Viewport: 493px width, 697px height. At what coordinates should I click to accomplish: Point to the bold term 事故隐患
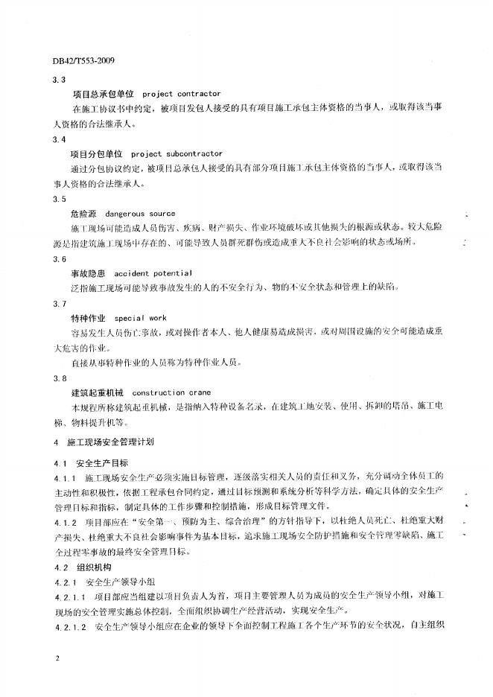tap(89, 273)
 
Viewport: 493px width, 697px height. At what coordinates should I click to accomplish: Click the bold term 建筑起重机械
tap(95, 392)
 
